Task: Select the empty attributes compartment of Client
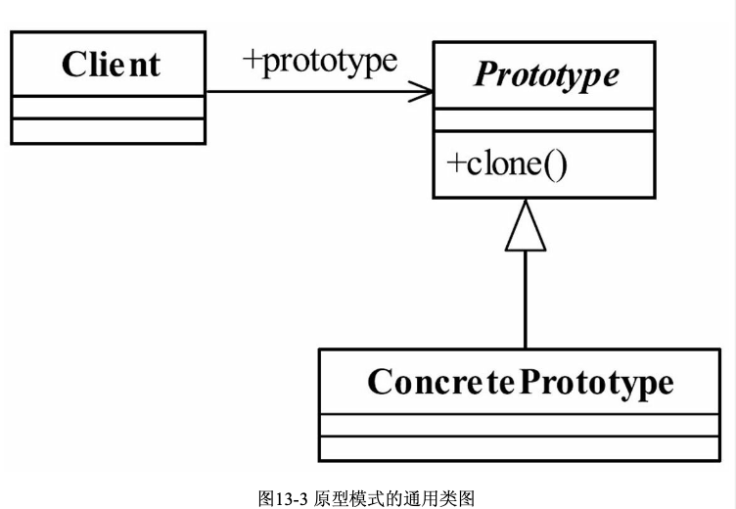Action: point(108,107)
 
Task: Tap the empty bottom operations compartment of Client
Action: point(108,130)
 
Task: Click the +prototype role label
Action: point(320,61)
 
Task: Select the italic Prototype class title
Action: point(545,75)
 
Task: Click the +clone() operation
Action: point(506,163)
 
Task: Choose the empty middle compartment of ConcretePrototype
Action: point(520,425)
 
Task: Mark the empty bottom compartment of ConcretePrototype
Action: point(520,448)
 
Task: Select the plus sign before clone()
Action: point(455,163)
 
